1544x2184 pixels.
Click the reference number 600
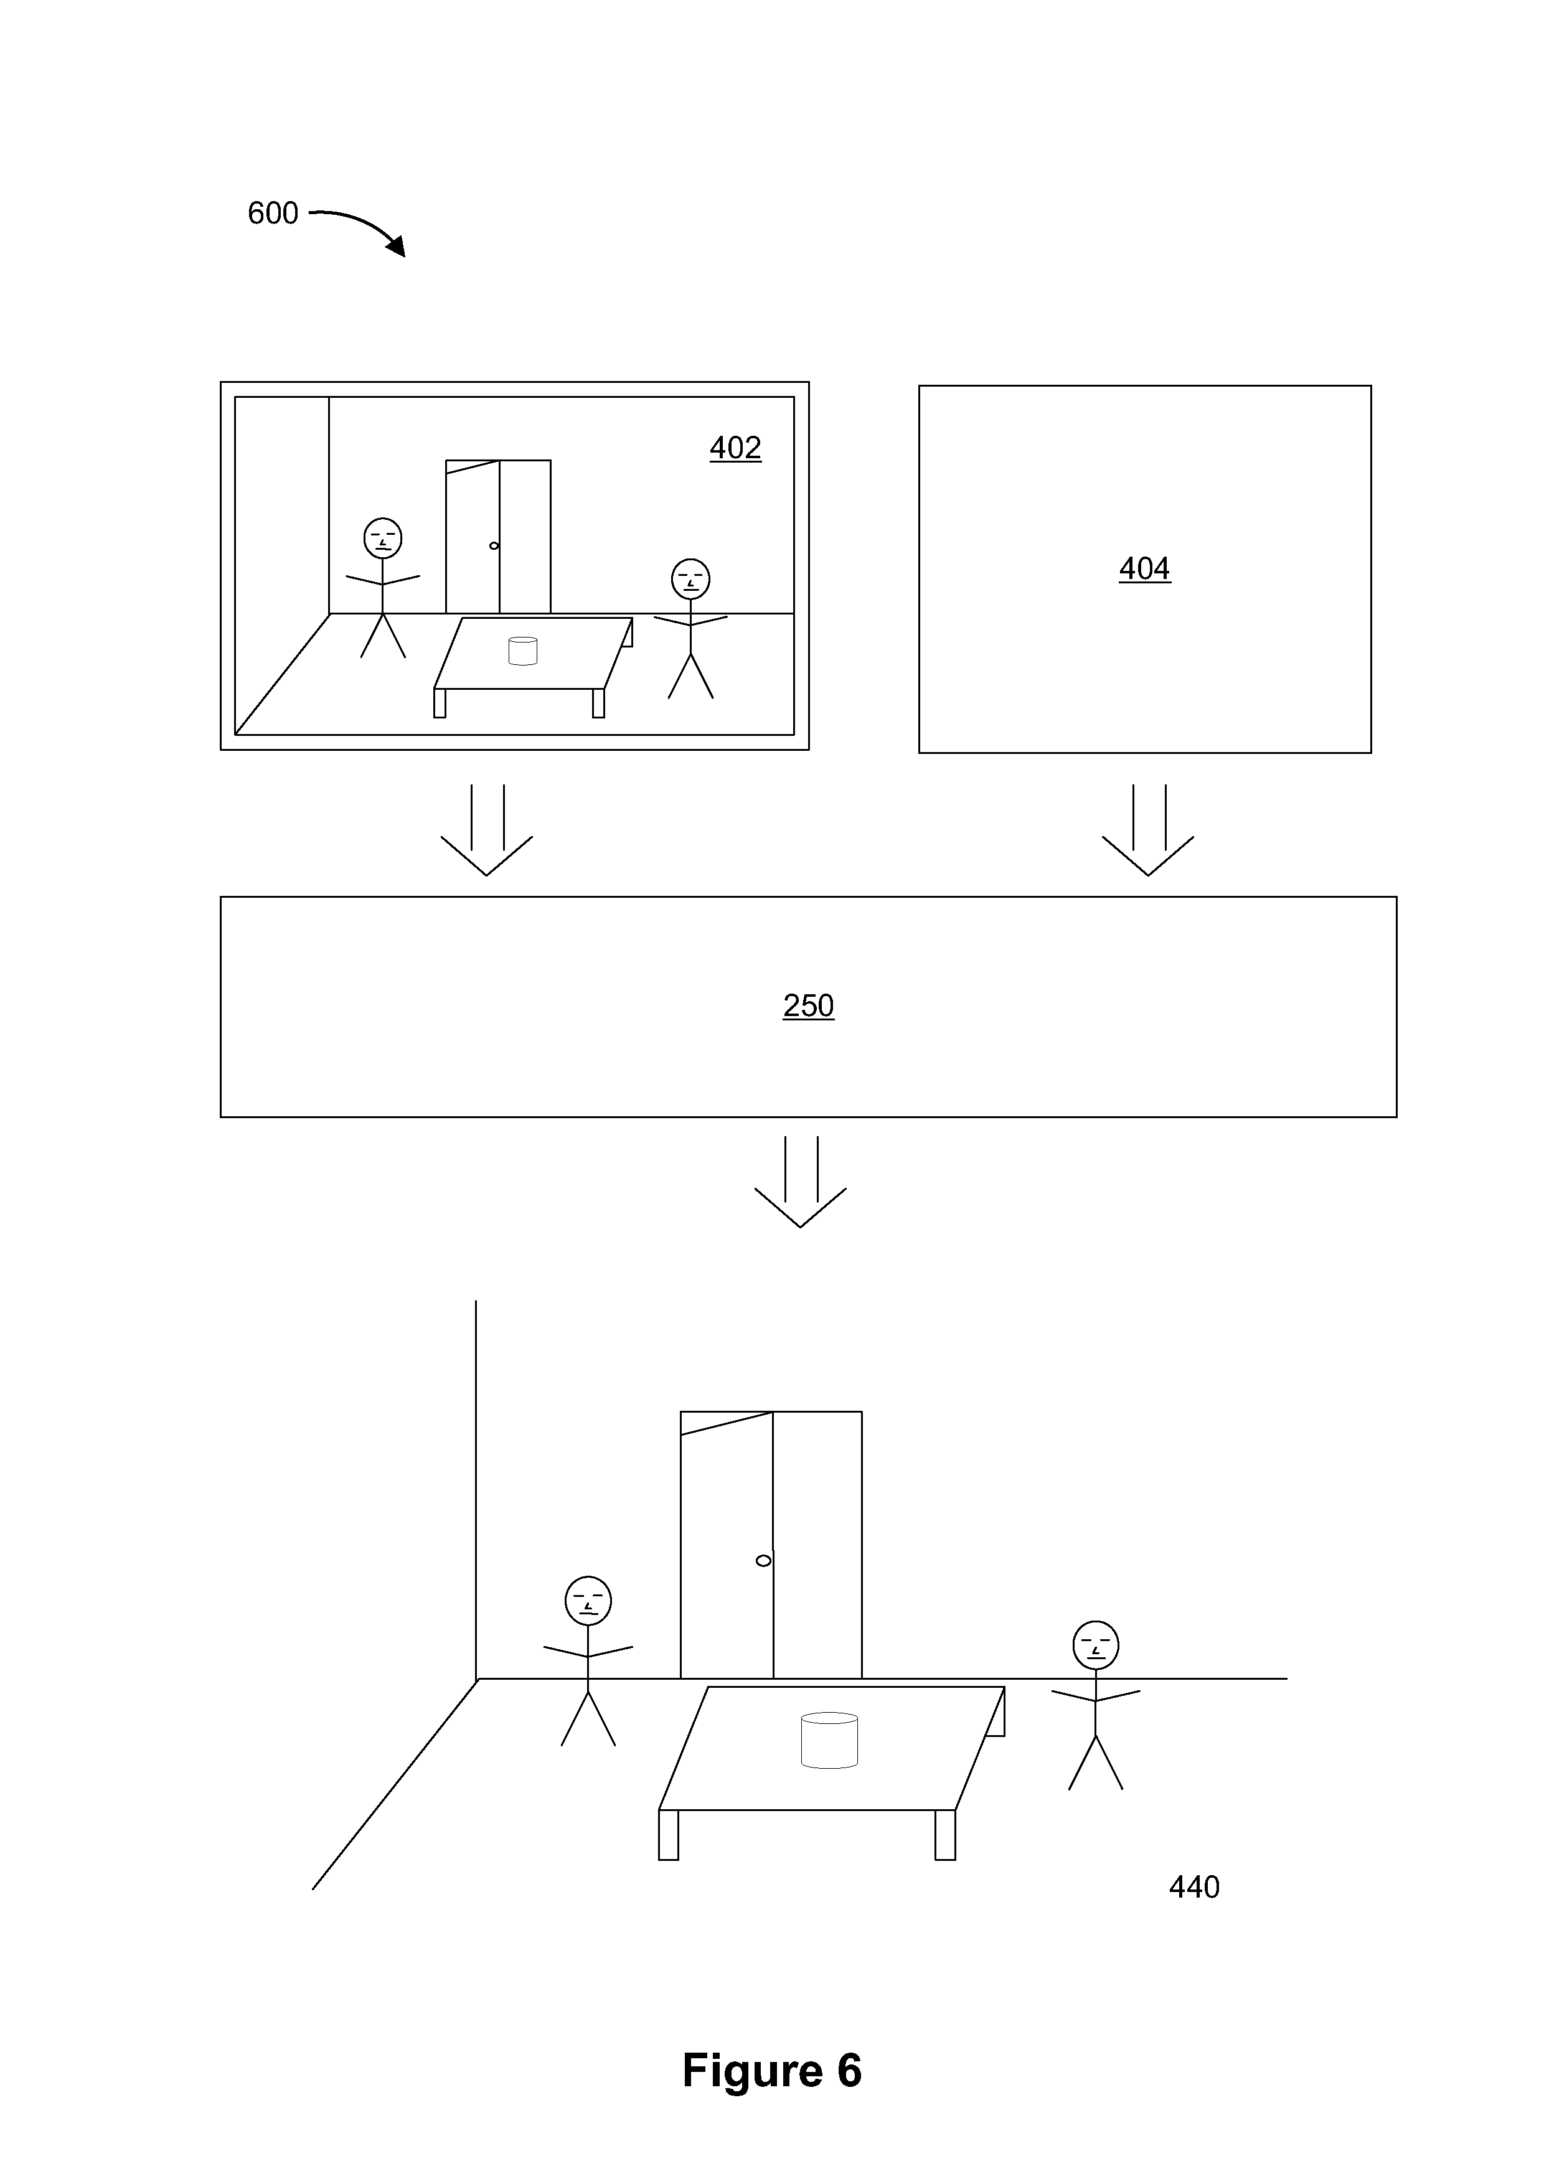click(x=273, y=213)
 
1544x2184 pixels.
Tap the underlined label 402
click(x=735, y=448)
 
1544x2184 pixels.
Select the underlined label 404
click(x=1144, y=569)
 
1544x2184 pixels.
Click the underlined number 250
click(x=809, y=1005)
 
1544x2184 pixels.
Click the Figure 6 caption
click(x=771, y=2070)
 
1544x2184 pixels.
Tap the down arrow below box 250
click(x=800, y=1182)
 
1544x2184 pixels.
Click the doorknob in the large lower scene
click(x=763, y=1560)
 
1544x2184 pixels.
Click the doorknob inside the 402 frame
click(x=494, y=545)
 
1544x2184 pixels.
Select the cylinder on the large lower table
click(x=829, y=1739)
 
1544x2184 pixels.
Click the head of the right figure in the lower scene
click(x=1096, y=1645)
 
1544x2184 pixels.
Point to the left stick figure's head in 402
click(x=382, y=539)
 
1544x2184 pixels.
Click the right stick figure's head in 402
click(x=690, y=578)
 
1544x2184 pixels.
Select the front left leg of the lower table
click(x=669, y=1834)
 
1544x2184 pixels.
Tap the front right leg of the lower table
click(x=944, y=1834)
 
